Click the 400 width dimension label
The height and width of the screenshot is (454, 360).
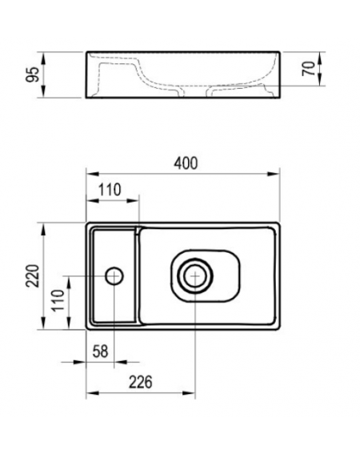tap(186, 163)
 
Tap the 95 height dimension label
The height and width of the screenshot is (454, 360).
tap(32, 74)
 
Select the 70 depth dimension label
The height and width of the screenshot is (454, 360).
tap(309, 69)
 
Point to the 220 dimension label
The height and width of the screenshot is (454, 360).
tap(33, 275)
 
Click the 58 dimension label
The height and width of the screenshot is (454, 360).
tap(100, 352)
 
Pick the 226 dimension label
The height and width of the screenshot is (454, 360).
tap(140, 382)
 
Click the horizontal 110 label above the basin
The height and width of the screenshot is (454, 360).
tap(110, 190)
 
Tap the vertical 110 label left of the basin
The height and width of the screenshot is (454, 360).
tap(58, 299)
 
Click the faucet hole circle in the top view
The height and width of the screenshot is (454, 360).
tap(114, 276)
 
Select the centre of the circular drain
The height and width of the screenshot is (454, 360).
tap(195, 275)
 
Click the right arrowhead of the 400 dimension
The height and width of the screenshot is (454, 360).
tap(274, 174)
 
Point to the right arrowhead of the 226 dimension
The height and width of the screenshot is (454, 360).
tap(189, 393)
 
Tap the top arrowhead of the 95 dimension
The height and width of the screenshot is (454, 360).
tap(43, 58)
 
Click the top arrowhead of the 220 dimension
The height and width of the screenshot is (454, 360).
tap(43, 229)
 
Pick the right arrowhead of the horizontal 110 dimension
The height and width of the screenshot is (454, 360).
tap(133, 200)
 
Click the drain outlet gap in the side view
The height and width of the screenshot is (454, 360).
tap(196, 92)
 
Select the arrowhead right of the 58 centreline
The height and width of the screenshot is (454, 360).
tap(121, 362)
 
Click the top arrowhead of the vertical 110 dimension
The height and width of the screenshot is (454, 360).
tap(69, 283)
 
